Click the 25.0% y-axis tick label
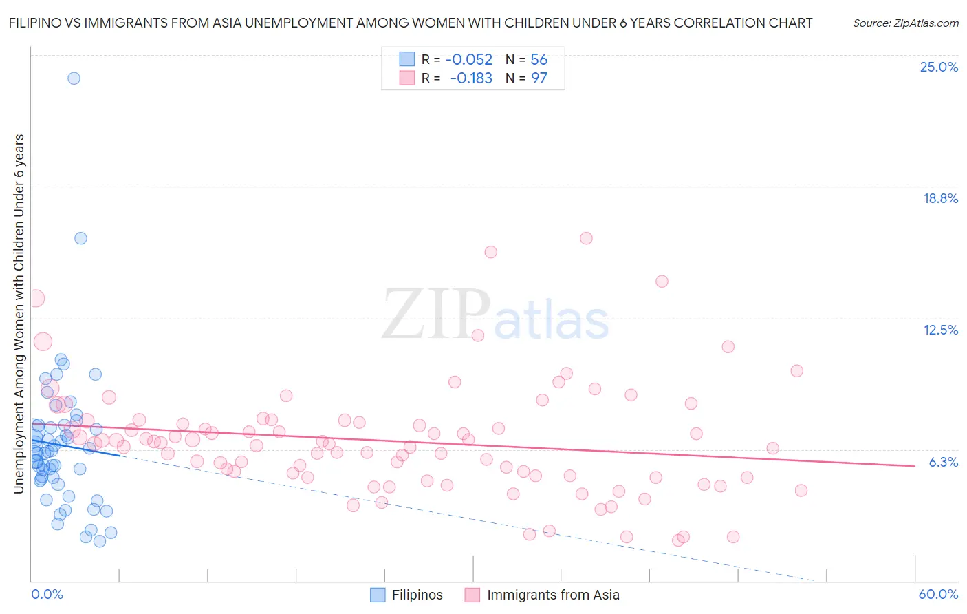[939, 67]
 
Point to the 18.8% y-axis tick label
[940, 198]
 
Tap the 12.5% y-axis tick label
[940, 330]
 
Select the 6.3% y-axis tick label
[943, 462]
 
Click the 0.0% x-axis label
[47, 594]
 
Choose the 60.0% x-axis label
[938, 594]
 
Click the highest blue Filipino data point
[74, 78]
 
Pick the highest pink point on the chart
[586, 238]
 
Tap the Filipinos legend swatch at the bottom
[378, 595]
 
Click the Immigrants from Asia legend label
[553, 595]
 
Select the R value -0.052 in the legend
[469, 60]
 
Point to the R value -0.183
[471, 78]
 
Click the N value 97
[539, 78]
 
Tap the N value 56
[539, 60]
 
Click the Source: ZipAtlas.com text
[905, 23]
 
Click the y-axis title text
[19, 313]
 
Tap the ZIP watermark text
[435, 314]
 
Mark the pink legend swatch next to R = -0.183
[407, 78]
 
